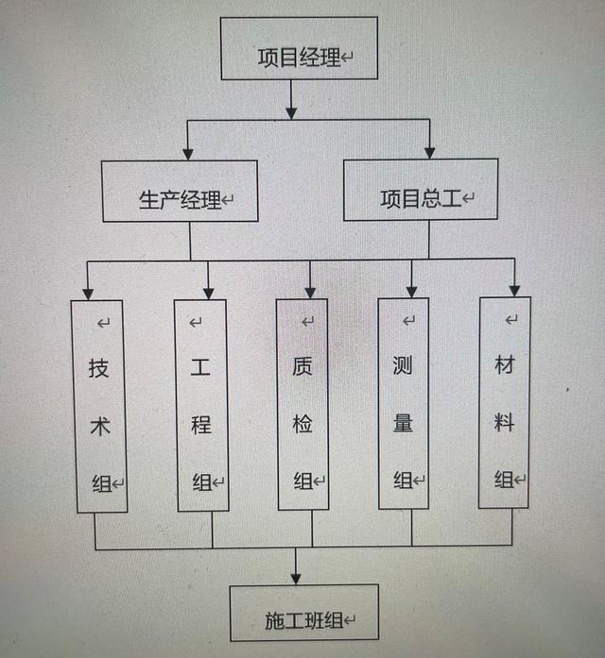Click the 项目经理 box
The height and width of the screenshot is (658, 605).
click(x=300, y=52)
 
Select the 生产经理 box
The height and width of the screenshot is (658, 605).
click(x=180, y=191)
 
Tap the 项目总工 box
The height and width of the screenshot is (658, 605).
click(x=420, y=190)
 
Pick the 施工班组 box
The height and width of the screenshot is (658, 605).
click(x=303, y=614)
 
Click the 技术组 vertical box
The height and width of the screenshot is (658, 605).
click(x=100, y=406)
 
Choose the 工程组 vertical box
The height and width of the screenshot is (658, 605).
click(x=201, y=406)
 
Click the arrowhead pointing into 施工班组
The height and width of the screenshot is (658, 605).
click(x=297, y=576)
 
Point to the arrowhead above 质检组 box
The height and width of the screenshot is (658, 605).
click(x=310, y=290)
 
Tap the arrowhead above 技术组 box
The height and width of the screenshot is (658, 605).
click(x=88, y=291)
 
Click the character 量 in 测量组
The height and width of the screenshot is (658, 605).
click(x=404, y=422)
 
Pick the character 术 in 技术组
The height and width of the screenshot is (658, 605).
click(x=100, y=425)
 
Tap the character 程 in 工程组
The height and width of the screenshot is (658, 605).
click(x=201, y=425)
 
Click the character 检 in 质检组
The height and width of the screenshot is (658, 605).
click(x=302, y=424)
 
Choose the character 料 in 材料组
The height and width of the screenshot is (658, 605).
click(x=505, y=421)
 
